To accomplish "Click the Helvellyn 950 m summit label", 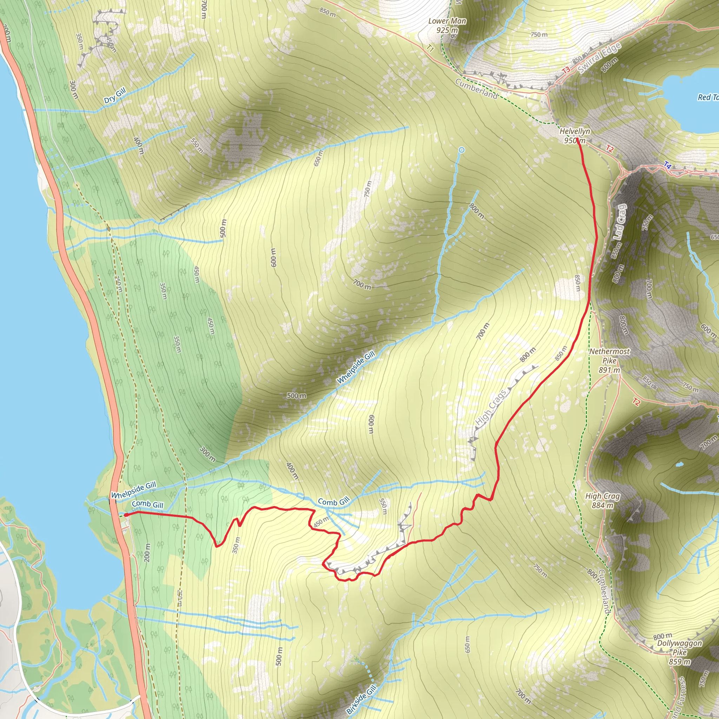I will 575,136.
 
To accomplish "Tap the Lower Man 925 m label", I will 447,25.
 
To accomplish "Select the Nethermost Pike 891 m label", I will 609,360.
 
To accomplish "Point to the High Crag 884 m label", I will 602,501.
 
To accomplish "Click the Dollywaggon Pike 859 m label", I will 680,652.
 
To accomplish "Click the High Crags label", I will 491,407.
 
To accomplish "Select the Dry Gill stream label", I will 115,95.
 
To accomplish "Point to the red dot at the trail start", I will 126,515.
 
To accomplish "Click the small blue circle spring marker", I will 461,150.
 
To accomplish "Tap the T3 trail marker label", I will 566,70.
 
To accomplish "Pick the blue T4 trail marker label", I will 668,165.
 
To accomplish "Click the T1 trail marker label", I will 430,48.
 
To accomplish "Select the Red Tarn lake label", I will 708,97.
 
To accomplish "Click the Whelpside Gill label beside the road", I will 134,490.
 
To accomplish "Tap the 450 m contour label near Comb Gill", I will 321,522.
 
